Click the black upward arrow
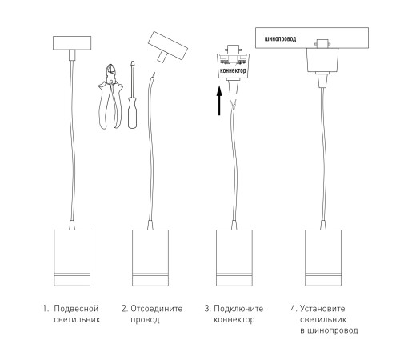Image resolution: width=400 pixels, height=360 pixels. (219, 101)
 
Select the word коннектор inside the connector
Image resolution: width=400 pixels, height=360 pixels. (233, 71)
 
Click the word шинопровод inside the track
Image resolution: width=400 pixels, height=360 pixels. (280, 39)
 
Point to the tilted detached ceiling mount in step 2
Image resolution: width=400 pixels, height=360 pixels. (167, 46)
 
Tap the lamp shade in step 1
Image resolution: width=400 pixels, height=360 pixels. (72, 258)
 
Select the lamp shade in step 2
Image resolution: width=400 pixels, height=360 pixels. (150, 258)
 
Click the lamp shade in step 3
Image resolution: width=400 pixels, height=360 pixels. (234, 258)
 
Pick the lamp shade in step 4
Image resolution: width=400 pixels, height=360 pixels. (323, 258)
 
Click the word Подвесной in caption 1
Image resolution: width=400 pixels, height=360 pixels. (76, 309)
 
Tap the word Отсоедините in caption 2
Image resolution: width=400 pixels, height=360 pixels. (157, 309)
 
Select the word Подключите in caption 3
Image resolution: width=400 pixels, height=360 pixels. (238, 309)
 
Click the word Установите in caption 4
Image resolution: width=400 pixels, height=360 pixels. (322, 309)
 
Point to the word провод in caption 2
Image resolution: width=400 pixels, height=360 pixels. (145, 320)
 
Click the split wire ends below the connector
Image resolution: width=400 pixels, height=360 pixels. (234, 104)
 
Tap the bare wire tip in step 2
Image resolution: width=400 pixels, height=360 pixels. (154, 74)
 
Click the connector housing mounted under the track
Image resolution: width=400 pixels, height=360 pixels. (322, 60)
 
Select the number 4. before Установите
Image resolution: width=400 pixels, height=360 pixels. (294, 309)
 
